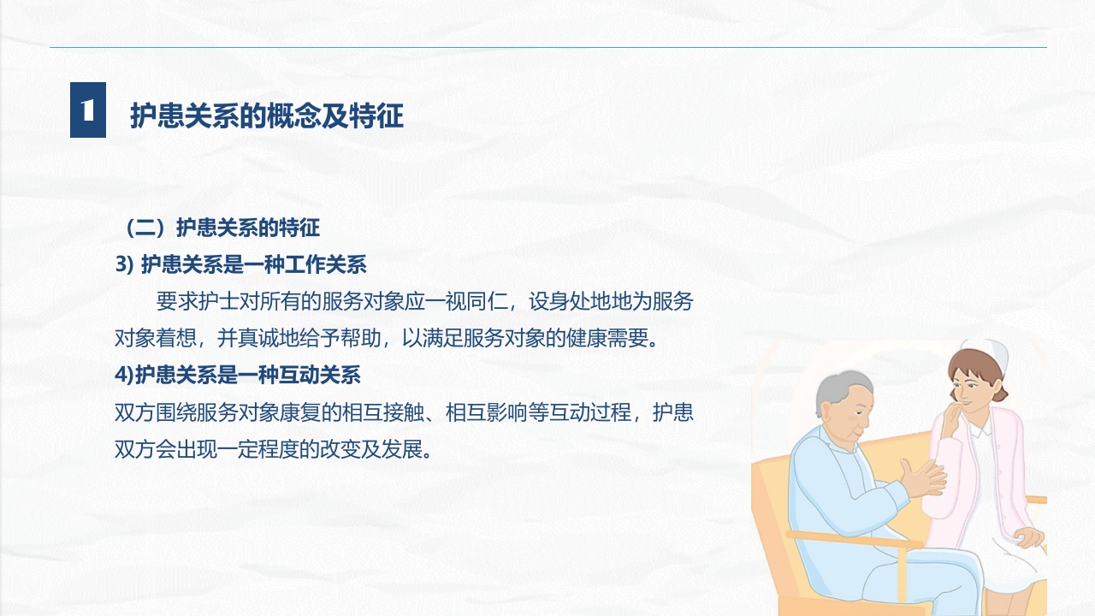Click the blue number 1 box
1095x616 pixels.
point(88,110)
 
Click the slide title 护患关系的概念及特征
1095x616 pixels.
point(266,115)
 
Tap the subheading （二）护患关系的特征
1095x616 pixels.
point(222,228)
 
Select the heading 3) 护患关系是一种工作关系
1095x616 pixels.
point(240,264)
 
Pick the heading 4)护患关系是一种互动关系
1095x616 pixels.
point(238,374)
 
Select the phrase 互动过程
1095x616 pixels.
point(589,412)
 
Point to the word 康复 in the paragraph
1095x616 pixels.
point(299,412)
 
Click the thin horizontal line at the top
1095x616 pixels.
point(547,47)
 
